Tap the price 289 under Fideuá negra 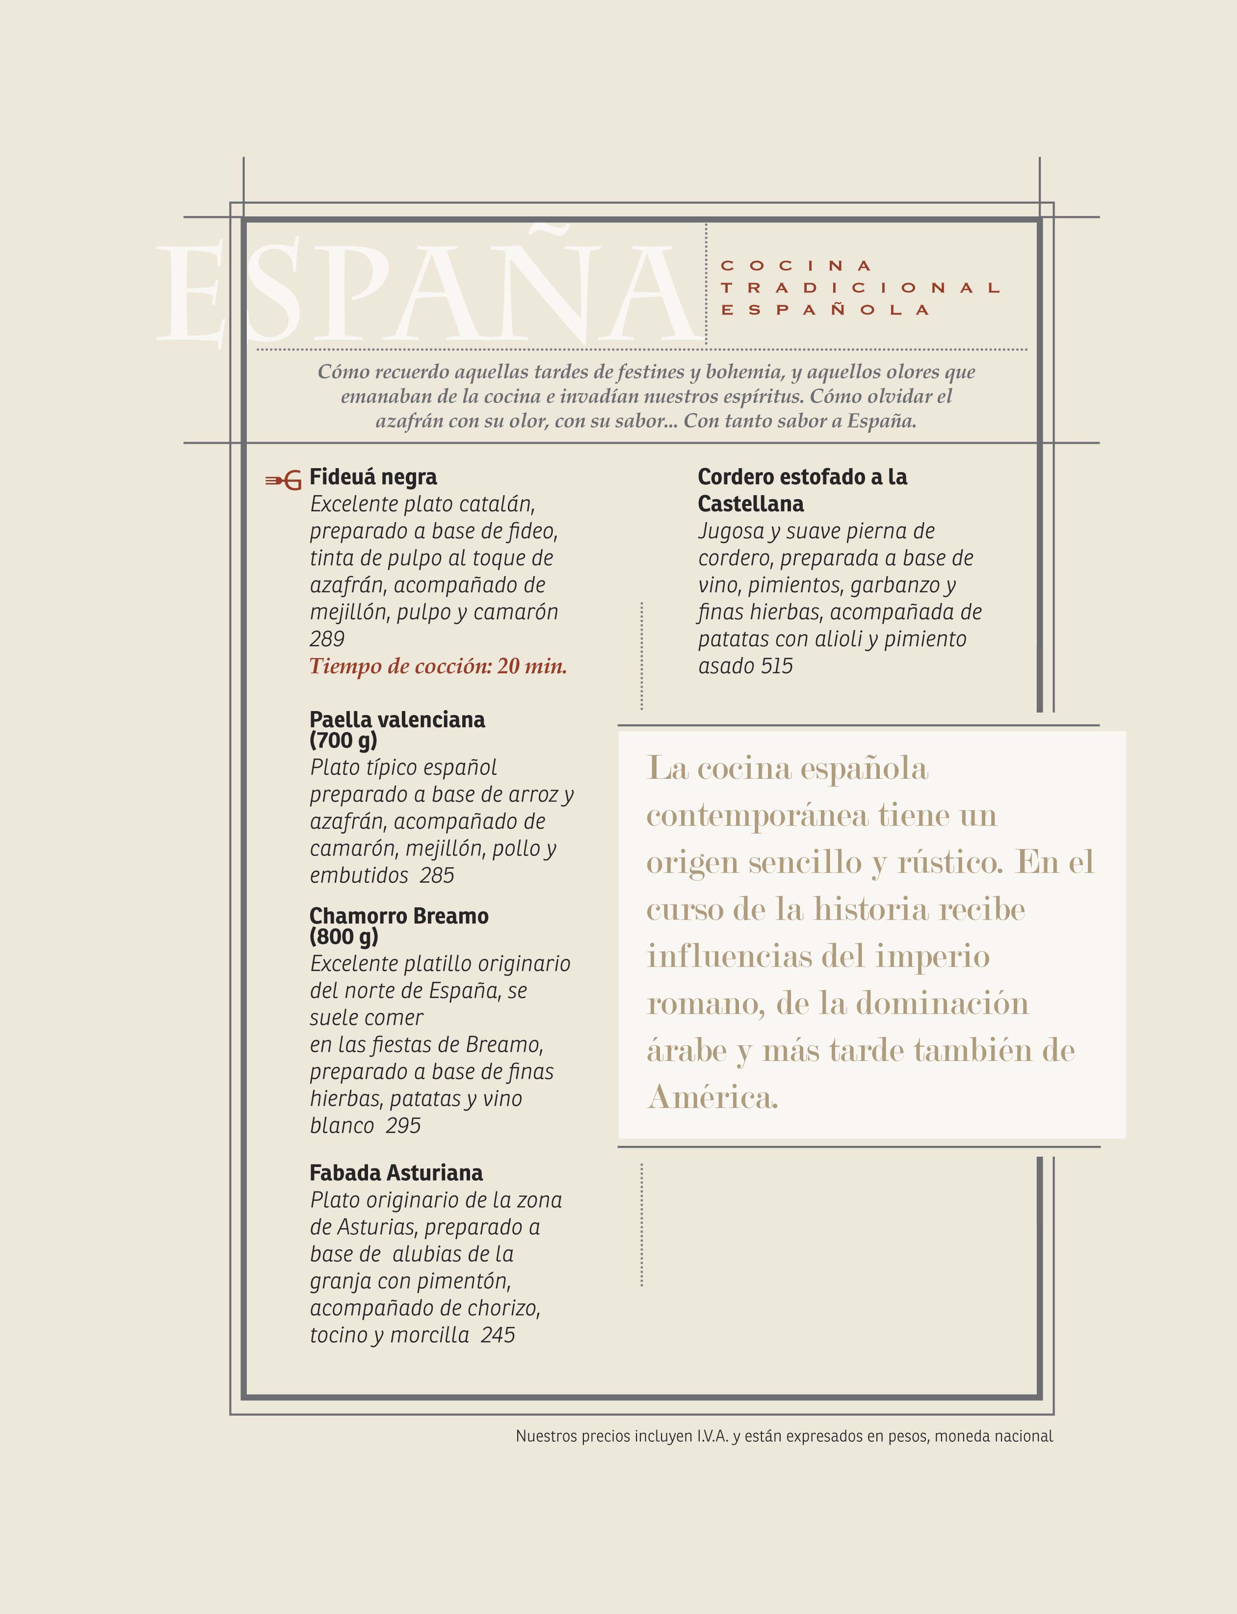click(x=327, y=638)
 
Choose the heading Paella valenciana click(x=397, y=719)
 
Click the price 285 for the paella click(x=437, y=875)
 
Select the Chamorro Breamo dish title click(x=398, y=916)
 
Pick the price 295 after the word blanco click(x=403, y=1126)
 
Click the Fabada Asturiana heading click(x=396, y=1173)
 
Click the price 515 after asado click(x=777, y=666)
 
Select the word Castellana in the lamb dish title click(x=750, y=504)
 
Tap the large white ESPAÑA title click(x=427, y=294)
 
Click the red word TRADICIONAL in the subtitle click(x=860, y=288)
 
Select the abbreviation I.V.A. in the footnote click(x=712, y=1436)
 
